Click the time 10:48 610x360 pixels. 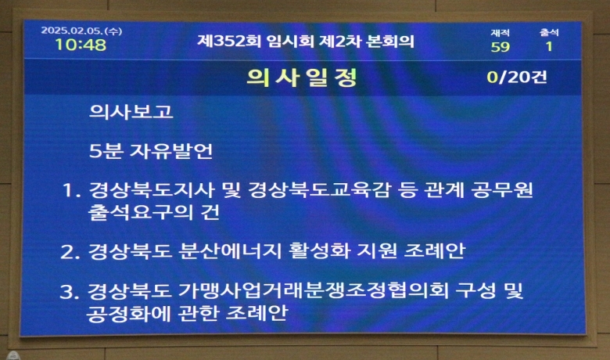pyautogui.click(x=81, y=45)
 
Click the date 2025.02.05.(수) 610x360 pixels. pyautogui.click(x=81, y=31)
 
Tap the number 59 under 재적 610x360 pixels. pyautogui.click(x=500, y=47)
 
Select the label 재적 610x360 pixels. pyautogui.click(x=500, y=33)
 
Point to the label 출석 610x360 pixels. pyautogui.click(x=549, y=32)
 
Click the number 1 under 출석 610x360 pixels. pyautogui.click(x=549, y=47)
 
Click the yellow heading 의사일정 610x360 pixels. pyautogui.click(x=302, y=77)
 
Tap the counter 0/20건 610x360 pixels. pyautogui.click(x=517, y=77)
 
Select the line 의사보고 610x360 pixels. pyautogui.click(x=131, y=112)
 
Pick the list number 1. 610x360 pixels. pyautogui.click(x=71, y=191)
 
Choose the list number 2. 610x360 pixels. pyautogui.click(x=70, y=252)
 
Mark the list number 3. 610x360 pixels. pyautogui.click(x=70, y=292)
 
